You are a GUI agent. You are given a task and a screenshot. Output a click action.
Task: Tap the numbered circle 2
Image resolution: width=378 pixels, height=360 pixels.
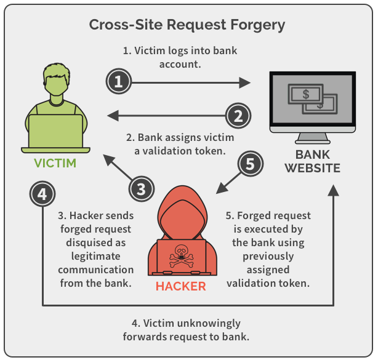238,114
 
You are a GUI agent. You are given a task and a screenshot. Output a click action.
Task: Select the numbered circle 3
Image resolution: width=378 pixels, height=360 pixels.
141,188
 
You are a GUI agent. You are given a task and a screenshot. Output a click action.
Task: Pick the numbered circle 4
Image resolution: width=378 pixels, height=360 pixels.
42,195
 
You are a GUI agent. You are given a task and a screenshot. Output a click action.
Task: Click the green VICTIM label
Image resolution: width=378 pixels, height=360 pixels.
55,164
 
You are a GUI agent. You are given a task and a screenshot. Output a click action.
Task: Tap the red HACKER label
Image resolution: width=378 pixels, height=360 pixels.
180,286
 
